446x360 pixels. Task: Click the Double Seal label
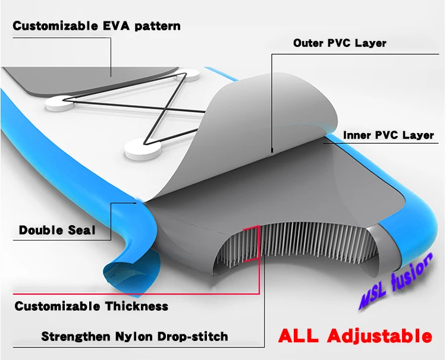tap(57, 230)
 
